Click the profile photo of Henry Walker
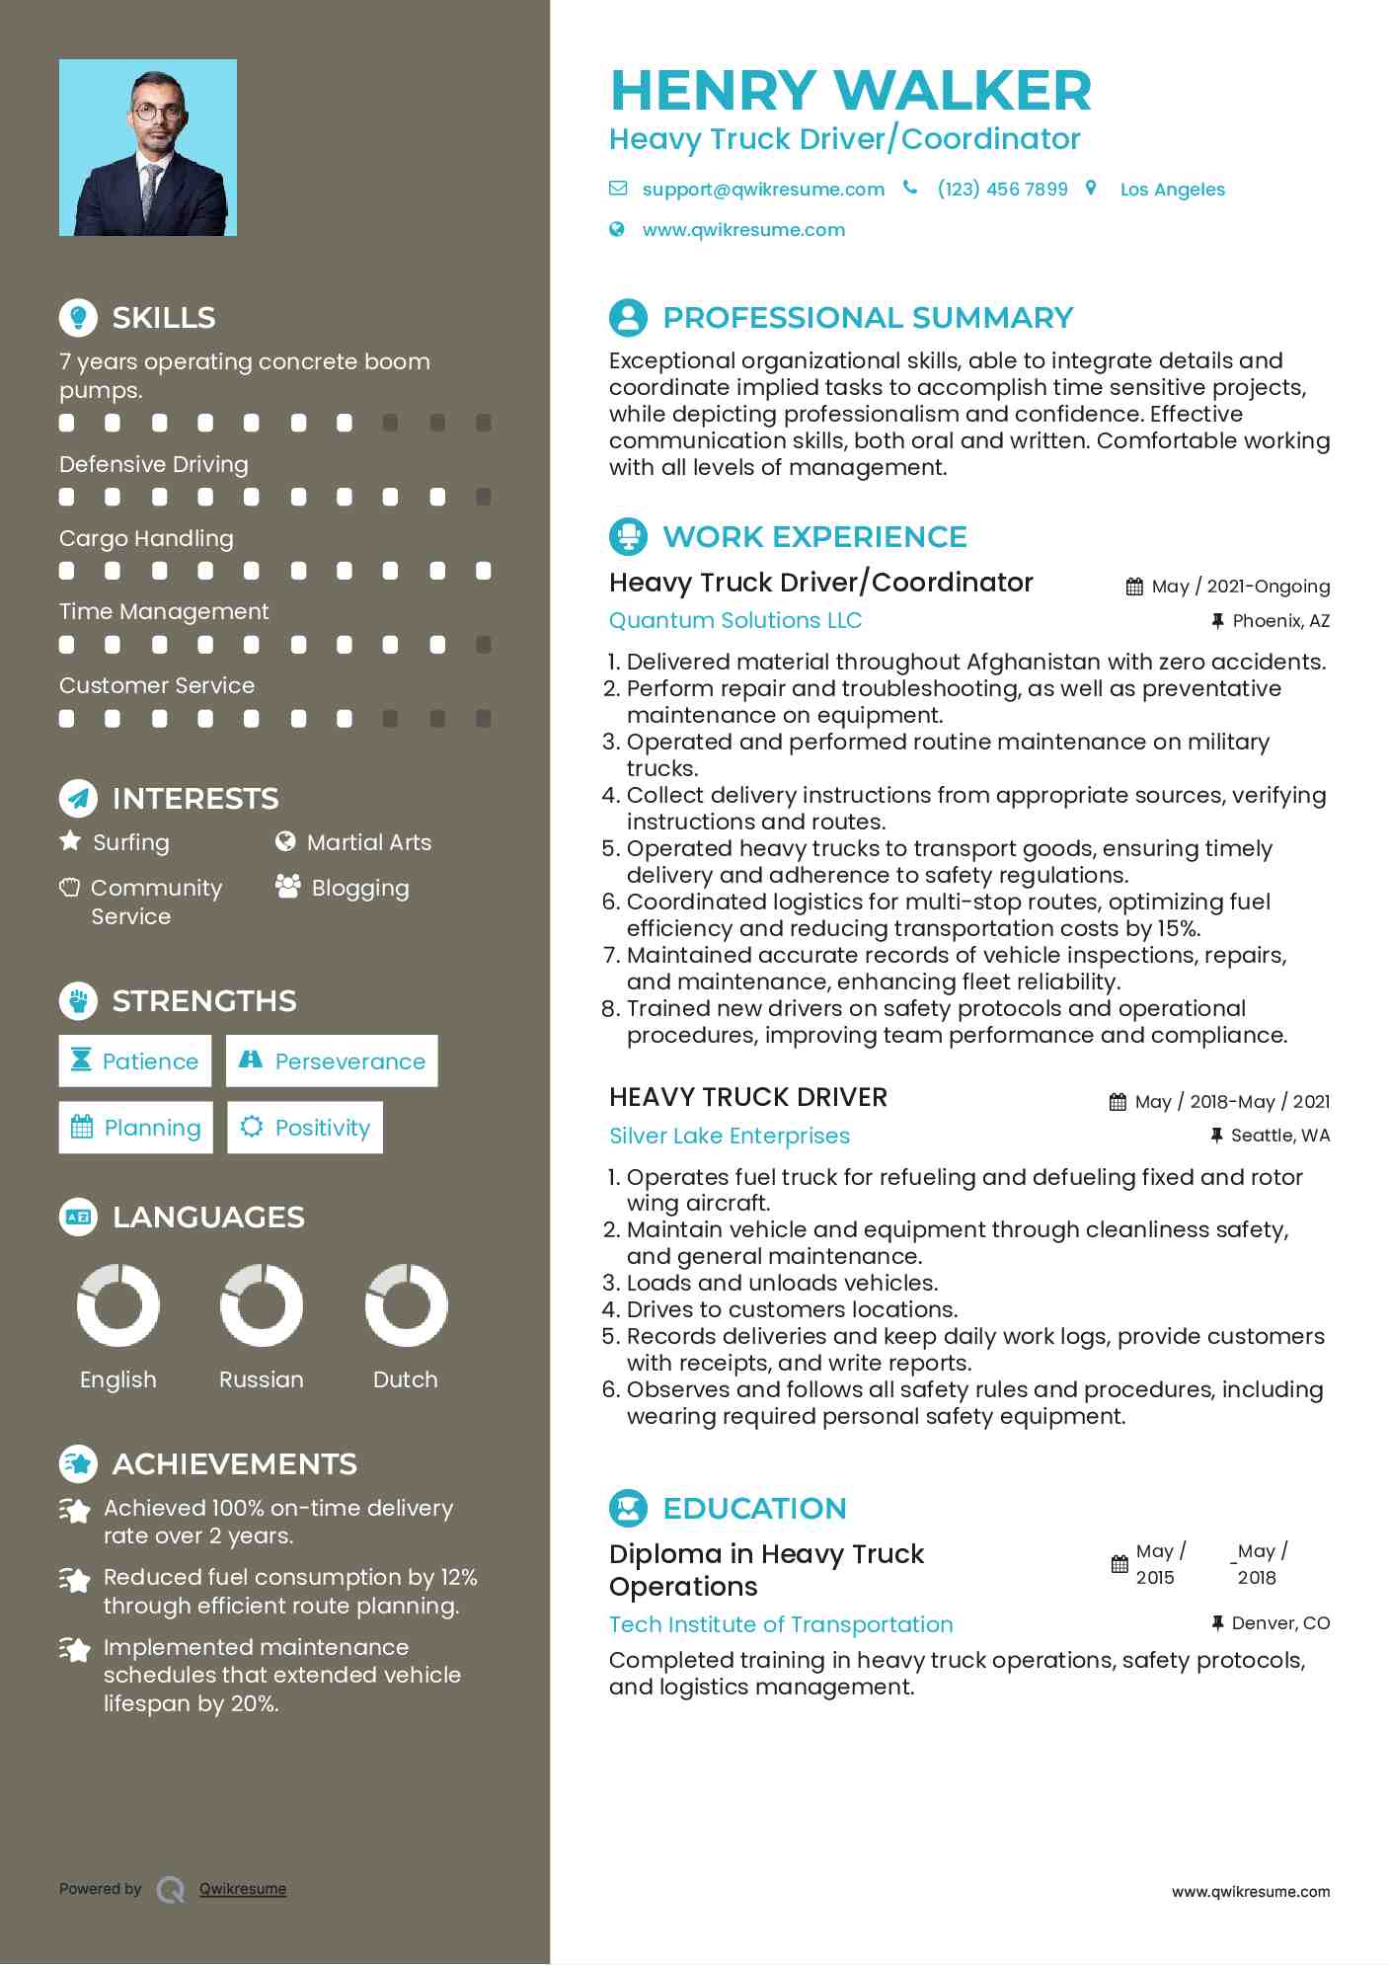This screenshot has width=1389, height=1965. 148,148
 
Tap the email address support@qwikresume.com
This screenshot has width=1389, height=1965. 762,190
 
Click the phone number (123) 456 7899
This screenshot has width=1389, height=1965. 1002,190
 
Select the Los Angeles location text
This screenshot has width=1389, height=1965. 1172,190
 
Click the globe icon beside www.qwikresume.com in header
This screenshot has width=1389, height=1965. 617,230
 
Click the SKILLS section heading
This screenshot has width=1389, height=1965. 163,318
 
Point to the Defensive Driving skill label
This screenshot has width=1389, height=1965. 154,464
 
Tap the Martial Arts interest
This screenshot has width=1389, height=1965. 368,842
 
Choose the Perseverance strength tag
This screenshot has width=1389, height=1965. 332,1061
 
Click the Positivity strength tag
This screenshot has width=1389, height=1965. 305,1128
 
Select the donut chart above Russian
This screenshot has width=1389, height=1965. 262,1305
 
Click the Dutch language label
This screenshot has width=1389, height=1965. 405,1379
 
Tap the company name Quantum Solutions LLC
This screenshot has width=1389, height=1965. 735,620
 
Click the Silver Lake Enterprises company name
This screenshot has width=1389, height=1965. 730,1136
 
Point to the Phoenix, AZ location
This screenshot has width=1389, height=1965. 1280,621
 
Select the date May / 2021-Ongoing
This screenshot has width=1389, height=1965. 1240,587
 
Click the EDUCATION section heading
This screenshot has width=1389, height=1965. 754,1509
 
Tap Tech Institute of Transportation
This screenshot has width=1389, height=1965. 781,1624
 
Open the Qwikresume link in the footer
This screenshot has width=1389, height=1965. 243,1889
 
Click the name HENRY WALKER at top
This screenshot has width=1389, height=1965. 851,91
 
